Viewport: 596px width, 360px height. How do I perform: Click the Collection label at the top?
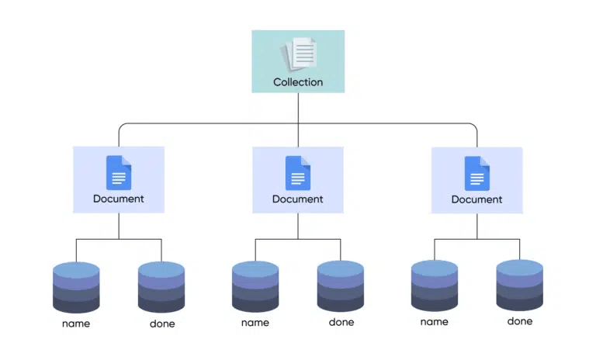tap(298, 81)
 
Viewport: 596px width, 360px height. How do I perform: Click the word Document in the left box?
tap(119, 199)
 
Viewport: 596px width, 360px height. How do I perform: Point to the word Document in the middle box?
tap(298, 199)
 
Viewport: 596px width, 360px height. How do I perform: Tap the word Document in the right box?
tap(477, 199)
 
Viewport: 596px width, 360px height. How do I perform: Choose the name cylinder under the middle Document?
tap(255, 286)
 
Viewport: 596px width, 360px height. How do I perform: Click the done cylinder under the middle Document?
tap(341, 286)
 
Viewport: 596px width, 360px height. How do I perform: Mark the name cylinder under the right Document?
tap(435, 286)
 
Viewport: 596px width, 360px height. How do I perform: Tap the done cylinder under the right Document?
tap(520, 286)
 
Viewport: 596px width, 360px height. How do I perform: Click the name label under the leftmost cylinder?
tap(76, 324)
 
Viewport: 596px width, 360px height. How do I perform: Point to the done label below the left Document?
tap(162, 324)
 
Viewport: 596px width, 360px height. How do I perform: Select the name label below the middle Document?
tap(255, 322)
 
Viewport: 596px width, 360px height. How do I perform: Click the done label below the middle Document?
tap(341, 322)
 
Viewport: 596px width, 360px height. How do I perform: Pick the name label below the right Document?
tap(435, 321)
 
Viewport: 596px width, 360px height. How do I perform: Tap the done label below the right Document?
tap(520, 320)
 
